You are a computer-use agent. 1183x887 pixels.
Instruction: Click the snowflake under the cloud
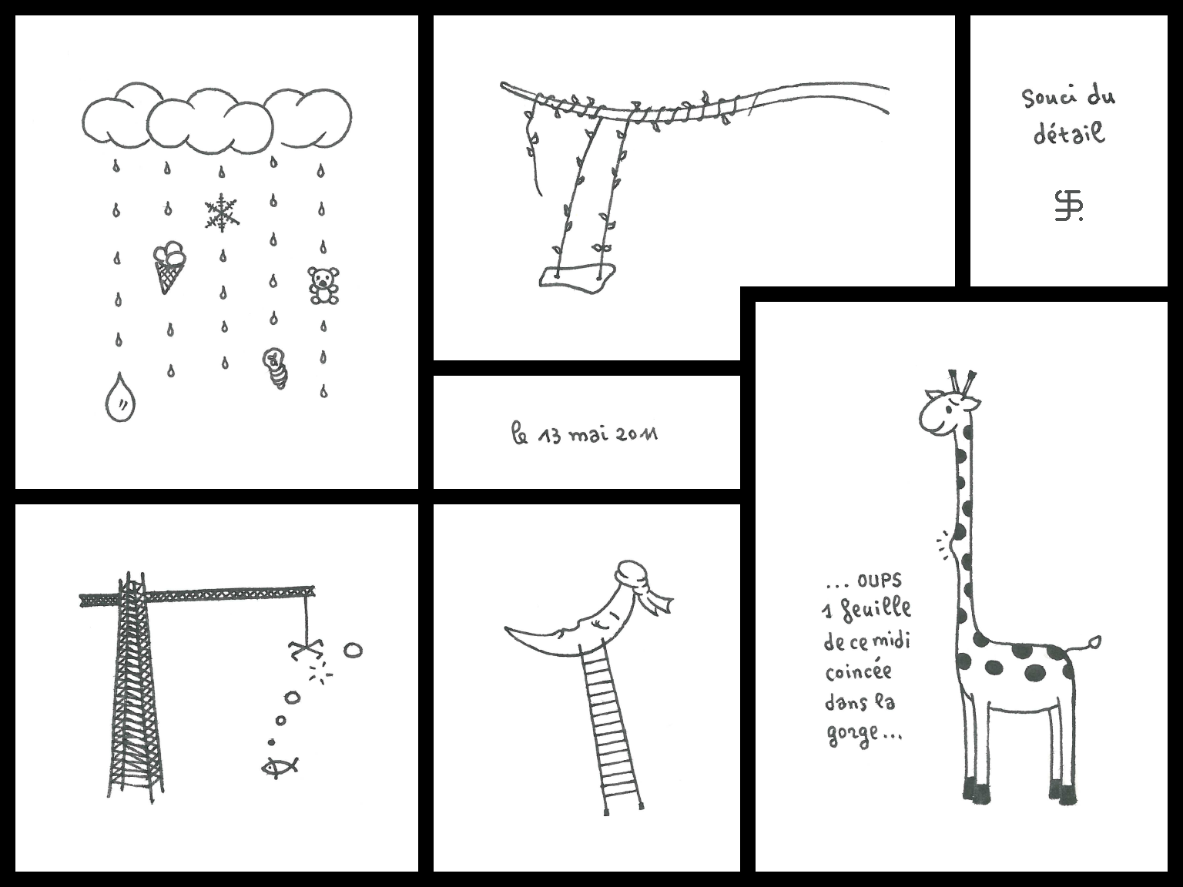[222, 213]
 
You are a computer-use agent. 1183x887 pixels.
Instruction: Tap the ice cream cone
[168, 266]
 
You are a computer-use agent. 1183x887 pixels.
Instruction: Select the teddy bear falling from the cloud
[323, 285]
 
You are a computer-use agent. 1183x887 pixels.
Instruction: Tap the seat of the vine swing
[577, 279]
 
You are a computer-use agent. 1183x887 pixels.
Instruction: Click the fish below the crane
[280, 766]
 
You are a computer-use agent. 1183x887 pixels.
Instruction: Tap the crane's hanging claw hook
[307, 649]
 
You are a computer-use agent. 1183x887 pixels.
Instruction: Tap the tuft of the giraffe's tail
[1094, 641]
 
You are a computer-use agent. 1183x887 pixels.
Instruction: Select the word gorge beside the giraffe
[850, 735]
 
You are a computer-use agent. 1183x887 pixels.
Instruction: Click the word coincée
[858, 672]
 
